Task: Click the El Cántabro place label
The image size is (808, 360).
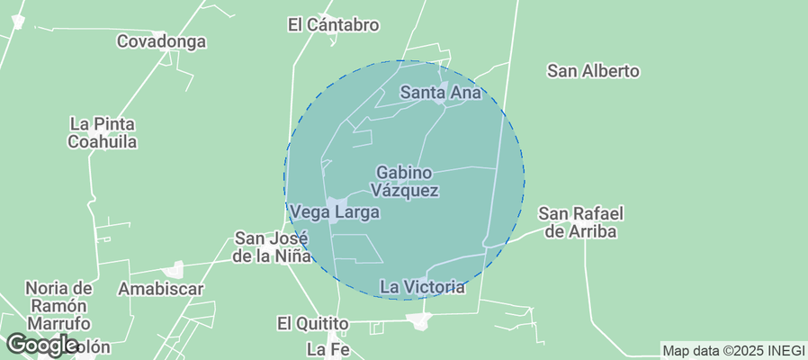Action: point(333,25)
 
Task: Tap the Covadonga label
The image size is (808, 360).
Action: point(162,41)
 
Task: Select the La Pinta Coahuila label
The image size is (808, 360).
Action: point(103,132)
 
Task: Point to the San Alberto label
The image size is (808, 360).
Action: point(593,70)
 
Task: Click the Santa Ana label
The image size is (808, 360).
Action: point(442,92)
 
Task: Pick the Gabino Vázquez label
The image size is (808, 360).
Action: point(405,181)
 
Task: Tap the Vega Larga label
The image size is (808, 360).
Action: point(334,212)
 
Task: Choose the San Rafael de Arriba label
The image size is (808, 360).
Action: point(581,222)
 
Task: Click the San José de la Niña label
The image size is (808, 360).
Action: point(271,247)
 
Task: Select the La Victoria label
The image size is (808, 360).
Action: point(422,287)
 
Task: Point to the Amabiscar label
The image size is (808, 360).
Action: point(161,289)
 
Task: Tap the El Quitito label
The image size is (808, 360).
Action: point(312,323)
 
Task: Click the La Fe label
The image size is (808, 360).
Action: point(325,347)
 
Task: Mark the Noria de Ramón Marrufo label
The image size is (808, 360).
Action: point(58,305)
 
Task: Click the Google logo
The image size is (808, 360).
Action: point(41,344)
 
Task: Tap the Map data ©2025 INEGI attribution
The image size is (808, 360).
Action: point(732,350)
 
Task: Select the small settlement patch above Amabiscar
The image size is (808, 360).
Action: point(174,269)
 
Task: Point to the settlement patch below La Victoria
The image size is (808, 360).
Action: point(418,320)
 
